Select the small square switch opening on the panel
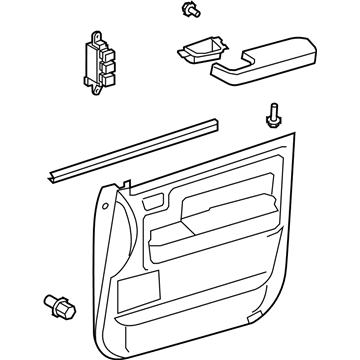152,206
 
